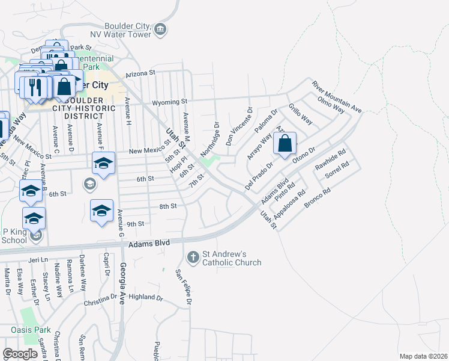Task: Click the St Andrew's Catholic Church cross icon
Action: [x=193, y=257]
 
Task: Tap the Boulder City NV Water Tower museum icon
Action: [x=160, y=29]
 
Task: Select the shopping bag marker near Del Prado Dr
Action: [x=286, y=144]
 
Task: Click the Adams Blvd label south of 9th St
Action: [x=149, y=243]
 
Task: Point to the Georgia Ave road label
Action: [x=123, y=284]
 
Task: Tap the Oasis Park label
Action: [x=31, y=330]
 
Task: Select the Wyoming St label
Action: [x=170, y=102]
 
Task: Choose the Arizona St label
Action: [x=140, y=73]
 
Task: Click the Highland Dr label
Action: [x=146, y=297]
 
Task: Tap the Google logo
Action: [x=20, y=354]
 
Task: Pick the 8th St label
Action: [x=167, y=206]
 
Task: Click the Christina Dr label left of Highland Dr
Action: [x=100, y=303]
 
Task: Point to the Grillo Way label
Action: [x=300, y=113]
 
